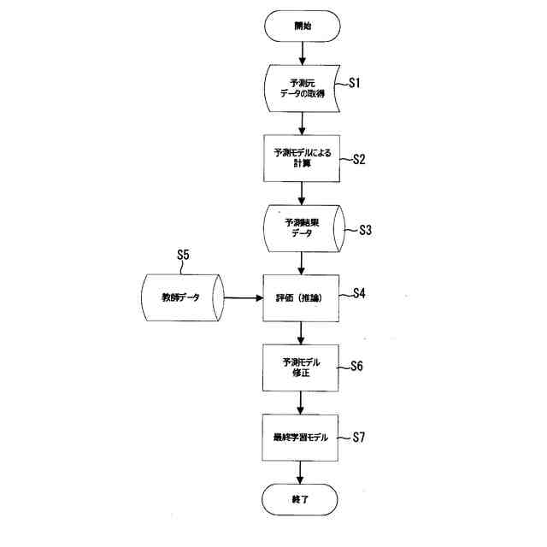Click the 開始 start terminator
[x=302, y=26]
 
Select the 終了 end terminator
[x=302, y=499]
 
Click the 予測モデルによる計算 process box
[x=302, y=159]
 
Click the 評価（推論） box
[x=302, y=298]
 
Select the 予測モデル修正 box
[x=302, y=368]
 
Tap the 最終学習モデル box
[x=302, y=437]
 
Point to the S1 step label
[x=357, y=83]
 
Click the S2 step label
[x=358, y=157]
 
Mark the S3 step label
[x=365, y=229]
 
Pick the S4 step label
[x=359, y=293]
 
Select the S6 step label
[x=357, y=366]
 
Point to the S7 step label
[x=359, y=436]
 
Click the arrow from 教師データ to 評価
[x=241, y=298]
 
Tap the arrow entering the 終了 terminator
[x=302, y=472]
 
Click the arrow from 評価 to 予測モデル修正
[x=302, y=332]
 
